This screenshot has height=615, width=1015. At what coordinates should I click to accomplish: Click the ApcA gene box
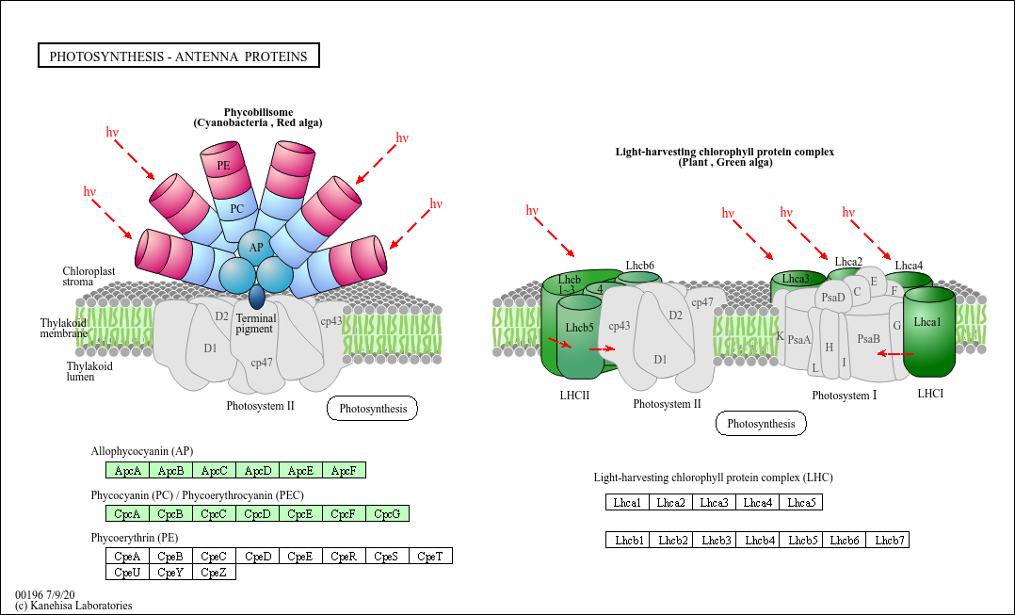(x=127, y=470)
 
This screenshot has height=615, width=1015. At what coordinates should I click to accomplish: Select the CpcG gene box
(x=387, y=513)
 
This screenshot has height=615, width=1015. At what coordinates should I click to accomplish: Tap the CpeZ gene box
(x=214, y=572)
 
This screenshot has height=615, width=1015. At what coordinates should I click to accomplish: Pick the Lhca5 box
(x=800, y=502)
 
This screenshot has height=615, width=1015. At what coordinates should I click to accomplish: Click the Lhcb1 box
(x=628, y=540)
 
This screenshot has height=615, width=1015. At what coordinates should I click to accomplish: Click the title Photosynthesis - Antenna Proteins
(x=179, y=57)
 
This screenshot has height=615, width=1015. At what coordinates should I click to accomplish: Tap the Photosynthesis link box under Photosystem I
(x=761, y=424)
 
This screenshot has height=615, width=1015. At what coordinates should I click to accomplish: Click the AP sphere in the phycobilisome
(x=255, y=248)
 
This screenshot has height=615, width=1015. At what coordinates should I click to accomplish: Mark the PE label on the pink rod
(x=223, y=166)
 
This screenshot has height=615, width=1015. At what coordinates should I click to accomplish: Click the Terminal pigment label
(x=255, y=324)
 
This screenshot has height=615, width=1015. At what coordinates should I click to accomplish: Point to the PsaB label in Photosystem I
(x=868, y=339)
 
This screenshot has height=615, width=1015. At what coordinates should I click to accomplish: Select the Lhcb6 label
(x=639, y=266)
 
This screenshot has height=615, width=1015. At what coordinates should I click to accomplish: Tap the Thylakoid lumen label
(x=89, y=371)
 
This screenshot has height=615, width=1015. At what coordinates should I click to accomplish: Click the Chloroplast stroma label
(x=89, y=276)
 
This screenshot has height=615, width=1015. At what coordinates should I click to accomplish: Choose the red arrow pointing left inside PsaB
(x=894, y=354)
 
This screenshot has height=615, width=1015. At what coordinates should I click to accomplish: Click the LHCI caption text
(x=930, y=393)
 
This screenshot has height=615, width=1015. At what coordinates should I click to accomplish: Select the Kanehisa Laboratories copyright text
(x=73, y=606)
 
